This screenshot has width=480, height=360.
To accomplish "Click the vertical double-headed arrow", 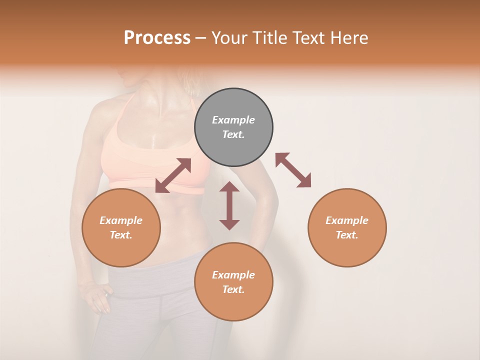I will [229, 205].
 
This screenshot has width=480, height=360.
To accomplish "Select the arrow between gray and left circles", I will [173, 175].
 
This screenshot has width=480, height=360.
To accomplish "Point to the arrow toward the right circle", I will [293, 170].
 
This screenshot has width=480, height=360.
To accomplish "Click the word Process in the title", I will [157, 38].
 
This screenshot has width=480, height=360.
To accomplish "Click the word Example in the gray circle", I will [233, 120].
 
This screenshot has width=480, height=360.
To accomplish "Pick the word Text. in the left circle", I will [121, 235].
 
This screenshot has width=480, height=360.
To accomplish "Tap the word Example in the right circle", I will [347, 220].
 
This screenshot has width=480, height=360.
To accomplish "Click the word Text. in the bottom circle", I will [233, 289].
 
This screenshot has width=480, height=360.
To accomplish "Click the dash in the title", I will [201, 38].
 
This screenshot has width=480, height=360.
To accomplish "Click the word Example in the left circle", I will [121, 220].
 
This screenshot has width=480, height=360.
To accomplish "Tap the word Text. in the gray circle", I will [233, 134].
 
